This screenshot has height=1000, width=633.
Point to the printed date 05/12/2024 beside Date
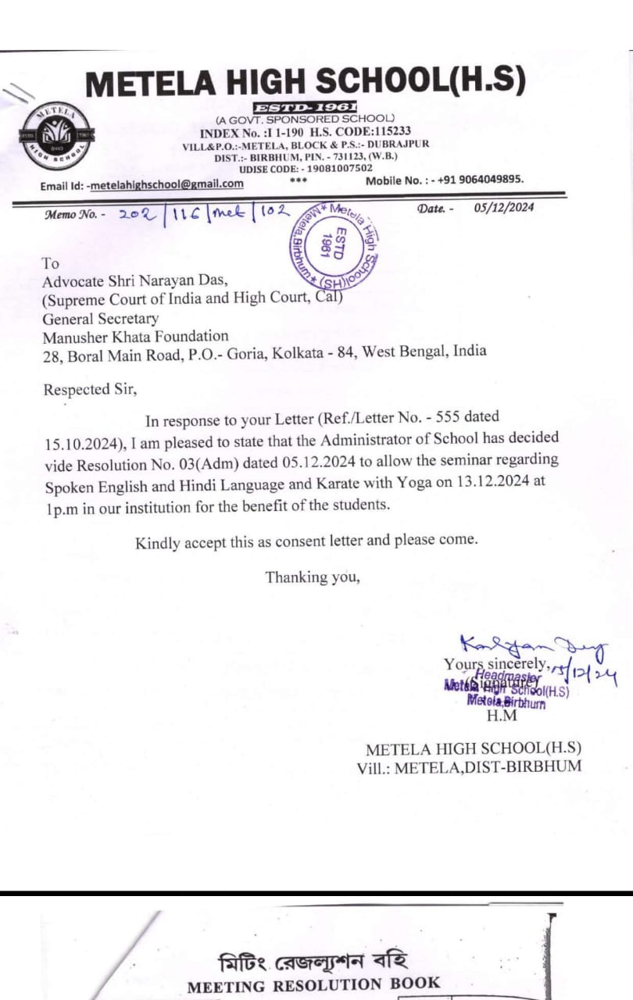504,208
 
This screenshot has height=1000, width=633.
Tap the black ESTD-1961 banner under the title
306,107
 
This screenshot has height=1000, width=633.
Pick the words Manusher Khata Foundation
136,337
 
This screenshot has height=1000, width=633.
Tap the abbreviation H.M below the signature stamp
502,715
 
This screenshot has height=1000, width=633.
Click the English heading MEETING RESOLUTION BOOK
313,984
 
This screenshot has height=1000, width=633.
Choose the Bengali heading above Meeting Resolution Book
313,960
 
